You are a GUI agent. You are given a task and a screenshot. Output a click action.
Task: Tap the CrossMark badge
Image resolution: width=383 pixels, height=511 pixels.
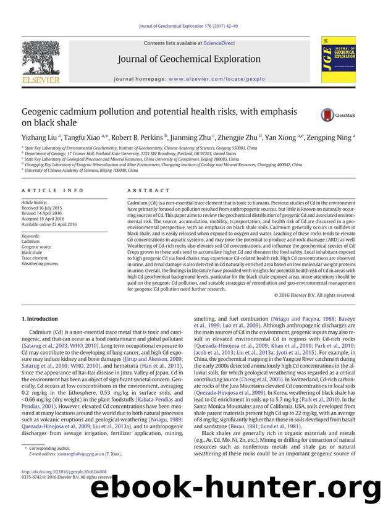(x=334, y=116)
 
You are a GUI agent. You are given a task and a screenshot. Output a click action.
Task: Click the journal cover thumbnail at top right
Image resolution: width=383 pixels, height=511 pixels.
(x=334, y=59)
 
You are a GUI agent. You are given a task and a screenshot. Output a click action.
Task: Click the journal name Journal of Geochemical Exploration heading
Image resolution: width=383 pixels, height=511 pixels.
(x=192, y=60)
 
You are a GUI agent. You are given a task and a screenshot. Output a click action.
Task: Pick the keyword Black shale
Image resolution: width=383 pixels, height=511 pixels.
(x=32, y=253)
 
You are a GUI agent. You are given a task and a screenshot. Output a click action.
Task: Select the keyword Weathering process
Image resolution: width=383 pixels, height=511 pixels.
(x=40, y=263)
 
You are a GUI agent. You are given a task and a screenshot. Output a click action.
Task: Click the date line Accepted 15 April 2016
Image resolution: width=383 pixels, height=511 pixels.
(x=46, y=218)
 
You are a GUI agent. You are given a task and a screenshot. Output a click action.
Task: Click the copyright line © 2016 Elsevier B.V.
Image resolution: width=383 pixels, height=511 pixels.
(x=314, y=295)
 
